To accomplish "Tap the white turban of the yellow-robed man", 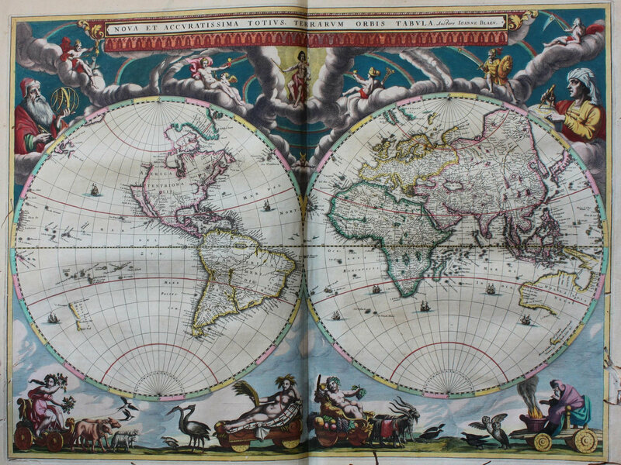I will [x=583, y=81].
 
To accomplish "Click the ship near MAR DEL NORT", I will [x=266, y=206].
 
